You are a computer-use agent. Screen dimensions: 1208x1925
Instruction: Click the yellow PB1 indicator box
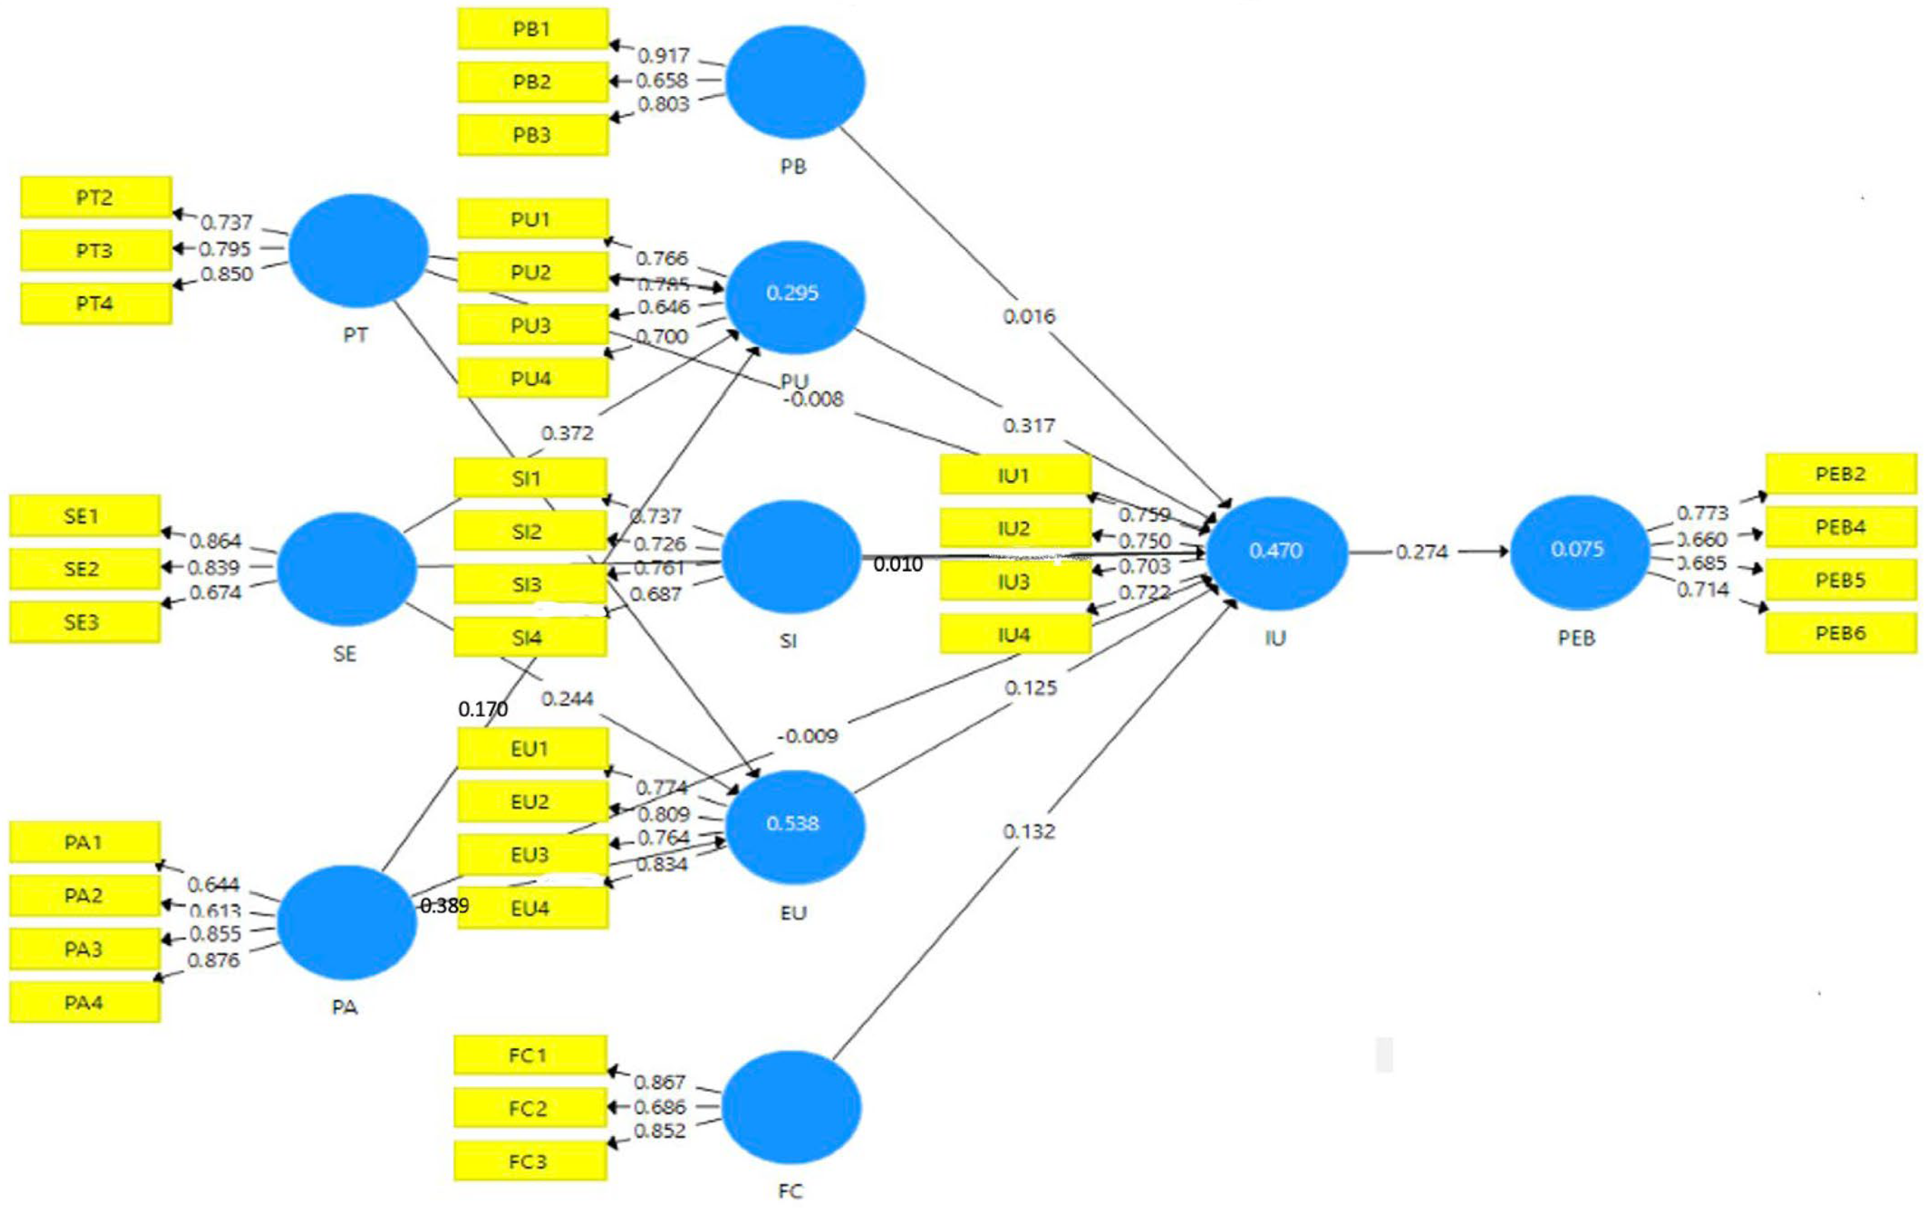tap(532, 29)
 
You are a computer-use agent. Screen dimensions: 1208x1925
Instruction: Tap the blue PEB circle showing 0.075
tap(1578, 550)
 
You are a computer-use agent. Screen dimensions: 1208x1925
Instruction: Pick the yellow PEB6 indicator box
tap(1840, 634)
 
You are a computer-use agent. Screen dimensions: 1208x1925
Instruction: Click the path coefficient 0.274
tap(1422, 552)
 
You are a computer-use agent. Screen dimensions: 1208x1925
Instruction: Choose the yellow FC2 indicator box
tap(530, 1109)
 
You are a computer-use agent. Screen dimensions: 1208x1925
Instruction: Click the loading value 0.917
tap(663, 56)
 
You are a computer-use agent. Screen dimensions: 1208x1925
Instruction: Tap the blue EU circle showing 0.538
tap(793, 824)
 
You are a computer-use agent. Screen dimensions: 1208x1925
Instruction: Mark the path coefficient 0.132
tap(1029, 832)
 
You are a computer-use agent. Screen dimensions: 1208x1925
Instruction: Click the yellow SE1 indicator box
tap(84, 516)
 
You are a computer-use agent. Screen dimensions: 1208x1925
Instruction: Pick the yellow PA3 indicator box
tap(84, 949)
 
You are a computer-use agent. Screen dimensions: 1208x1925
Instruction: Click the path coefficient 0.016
tap(1029, 316)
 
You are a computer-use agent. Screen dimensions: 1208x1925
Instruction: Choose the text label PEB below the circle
tap(1577, 638)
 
